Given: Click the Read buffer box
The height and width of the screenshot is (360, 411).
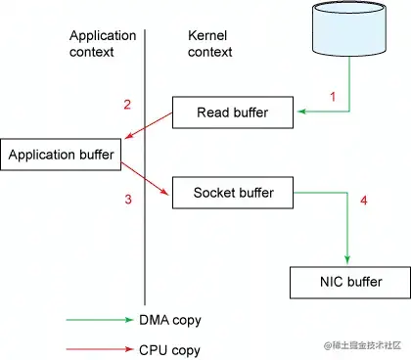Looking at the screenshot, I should point(233,112).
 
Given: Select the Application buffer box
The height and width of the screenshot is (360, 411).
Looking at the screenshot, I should point(64,154).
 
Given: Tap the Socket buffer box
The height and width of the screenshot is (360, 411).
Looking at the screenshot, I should point(232,192).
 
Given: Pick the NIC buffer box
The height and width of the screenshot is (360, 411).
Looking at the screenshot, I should point(350,283).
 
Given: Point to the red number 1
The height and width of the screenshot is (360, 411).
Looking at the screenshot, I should point(333,97).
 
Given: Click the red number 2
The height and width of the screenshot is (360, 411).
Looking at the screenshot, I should point(127,105).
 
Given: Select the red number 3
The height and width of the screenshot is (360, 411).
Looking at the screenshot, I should point(127,200).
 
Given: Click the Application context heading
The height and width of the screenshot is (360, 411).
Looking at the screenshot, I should point(103,42).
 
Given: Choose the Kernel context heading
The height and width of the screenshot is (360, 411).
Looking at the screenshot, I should point(210,42).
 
